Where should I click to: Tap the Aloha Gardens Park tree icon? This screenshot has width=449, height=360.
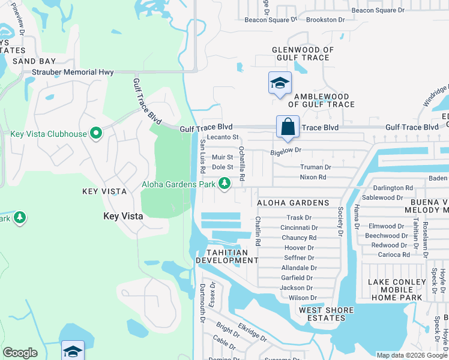click(x=224, y=183)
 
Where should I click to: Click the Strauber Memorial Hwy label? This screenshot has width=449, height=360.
click(x=73, y=73)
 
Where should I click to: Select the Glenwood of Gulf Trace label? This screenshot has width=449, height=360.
click(x=301, y=53)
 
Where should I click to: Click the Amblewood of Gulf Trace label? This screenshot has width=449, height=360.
click(x=320, y=100)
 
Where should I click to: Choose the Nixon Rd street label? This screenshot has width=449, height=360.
click(x=313, y=177)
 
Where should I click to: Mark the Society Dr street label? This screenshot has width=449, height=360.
click(x=340, y=221)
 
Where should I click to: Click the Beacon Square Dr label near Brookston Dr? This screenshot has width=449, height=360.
click(x=271, y=19)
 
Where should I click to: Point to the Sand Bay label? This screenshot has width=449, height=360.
click(x=34, y=61)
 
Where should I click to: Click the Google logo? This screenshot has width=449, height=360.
click(x=20, y=353)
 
